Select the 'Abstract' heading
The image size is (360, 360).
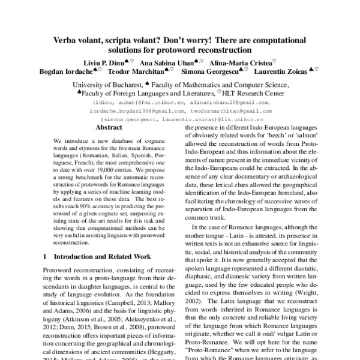(110, 128)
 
